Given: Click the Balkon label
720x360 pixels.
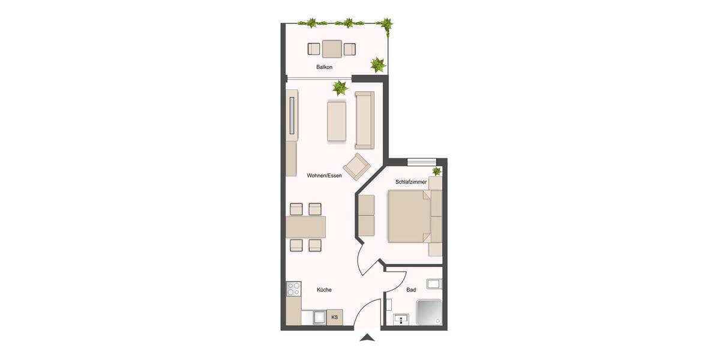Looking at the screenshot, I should click(x=324, y=67).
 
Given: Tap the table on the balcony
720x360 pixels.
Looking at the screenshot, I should click(x=331, y=48).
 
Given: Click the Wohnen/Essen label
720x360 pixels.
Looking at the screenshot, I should click(x=324, y=176).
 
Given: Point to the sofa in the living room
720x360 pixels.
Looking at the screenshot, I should click(x=364, y=120).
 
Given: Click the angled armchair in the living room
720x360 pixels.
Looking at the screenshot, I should click(x=357, y=166).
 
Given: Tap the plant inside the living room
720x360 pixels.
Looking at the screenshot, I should click(x=340, y=88).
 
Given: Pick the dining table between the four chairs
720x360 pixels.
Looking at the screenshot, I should click(x=306, y=227).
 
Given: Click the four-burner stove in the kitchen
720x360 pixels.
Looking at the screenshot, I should click(x=293, y=289).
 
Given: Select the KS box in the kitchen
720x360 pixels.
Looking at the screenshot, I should click(x=334, y=317).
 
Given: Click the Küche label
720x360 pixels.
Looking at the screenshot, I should click(x=324, y=290).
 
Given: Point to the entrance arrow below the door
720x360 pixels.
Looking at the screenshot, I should click(x=367, y=339).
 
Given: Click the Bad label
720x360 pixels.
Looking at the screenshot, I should click(x=411, y=290).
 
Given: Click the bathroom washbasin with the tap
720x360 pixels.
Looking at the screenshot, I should click(x=401, y=319).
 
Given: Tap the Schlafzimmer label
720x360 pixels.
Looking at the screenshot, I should click(x=411, y=181).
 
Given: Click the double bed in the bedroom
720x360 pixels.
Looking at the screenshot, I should click(x=411, y=216).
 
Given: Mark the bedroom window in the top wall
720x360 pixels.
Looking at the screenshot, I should click(x=421, y=161).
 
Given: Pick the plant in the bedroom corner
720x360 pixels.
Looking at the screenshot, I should click(x=437, y=172).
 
